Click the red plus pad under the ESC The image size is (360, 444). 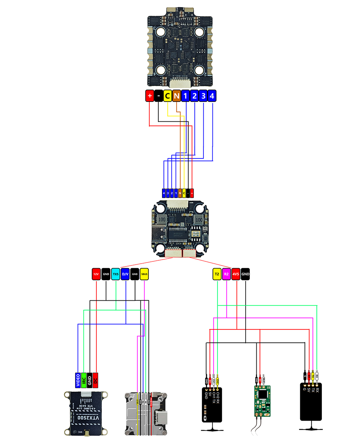click(150, 96)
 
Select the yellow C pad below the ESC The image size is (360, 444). click(167, 96)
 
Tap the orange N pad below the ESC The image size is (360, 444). click(176, 96)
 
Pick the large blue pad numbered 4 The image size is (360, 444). click(212, 96)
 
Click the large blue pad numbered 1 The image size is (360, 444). click(185, 96)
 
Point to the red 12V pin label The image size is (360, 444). click(96, 274)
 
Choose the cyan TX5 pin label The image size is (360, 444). click(116, 274)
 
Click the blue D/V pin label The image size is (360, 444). click(125, 274)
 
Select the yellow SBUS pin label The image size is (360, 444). click(144, 274)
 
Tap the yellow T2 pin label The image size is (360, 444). click(217, 274)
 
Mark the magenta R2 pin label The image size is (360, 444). click(226, 274)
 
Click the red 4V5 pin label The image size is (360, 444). click(236, 274)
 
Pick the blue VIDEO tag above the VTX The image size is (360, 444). click(78, 380)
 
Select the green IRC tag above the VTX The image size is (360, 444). click(84, 380)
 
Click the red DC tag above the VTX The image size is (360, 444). click(96, 380)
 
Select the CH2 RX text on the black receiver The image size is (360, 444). click(217, 395)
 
